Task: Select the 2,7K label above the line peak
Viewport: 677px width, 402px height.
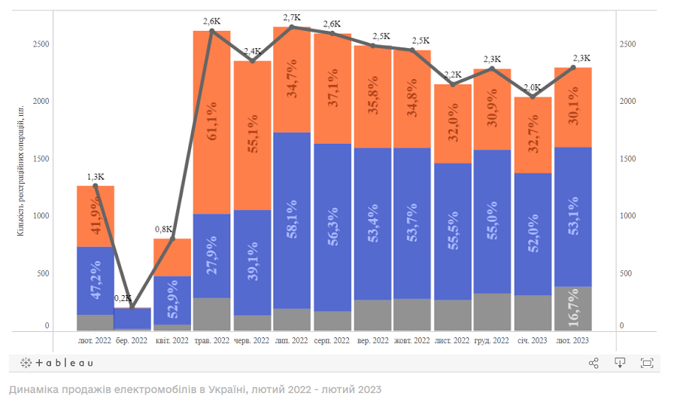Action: (292, 17)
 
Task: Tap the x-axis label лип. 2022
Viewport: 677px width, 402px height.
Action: (292, 341)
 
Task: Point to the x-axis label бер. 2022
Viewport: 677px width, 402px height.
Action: (132, 341)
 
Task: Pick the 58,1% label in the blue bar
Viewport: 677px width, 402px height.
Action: (292, 224)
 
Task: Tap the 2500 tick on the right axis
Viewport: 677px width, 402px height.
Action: (627, 44)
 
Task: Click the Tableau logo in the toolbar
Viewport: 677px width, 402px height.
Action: (57, 363)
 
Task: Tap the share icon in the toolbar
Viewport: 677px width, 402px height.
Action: (594, 363)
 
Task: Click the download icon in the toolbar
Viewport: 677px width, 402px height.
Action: (620, 363)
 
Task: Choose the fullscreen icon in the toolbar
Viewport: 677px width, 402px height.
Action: (646, 363)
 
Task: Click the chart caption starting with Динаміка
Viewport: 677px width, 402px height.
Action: (195, 389)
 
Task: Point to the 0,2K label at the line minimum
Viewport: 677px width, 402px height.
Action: (122, 299)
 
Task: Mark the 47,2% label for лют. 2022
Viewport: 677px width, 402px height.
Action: (96, 282)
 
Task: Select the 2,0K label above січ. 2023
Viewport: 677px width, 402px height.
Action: (533, 87)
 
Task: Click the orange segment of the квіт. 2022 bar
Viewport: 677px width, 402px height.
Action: (172, 257)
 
